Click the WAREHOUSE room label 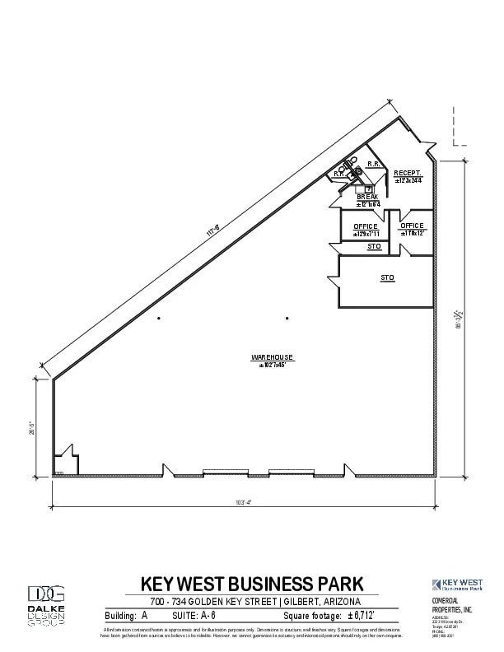[273, 356]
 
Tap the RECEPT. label [408, 172]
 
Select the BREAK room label [367, 197]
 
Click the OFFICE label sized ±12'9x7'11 [366, 226]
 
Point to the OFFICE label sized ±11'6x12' [412, 225]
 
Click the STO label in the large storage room [387, 278]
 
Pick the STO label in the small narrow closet [374, 246]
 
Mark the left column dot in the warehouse [159, 319]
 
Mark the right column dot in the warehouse [287, 319]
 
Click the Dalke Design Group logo [47, 604]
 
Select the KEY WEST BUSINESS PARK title [252, 584]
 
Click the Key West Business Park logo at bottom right [457, 584]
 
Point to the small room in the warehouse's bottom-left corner [65, 462]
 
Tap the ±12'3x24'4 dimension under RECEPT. [408, 180]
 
